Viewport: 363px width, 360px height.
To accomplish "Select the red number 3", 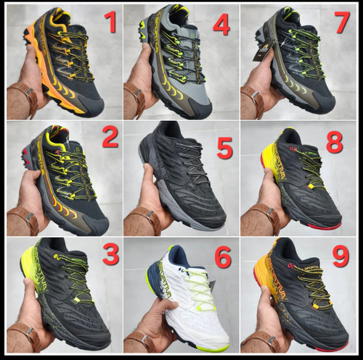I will point(110,254).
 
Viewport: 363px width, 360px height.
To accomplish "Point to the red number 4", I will point(221,25).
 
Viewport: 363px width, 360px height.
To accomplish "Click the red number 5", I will point(224,148).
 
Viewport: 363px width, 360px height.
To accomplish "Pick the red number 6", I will point(222,257).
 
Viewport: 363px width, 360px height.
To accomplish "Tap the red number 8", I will point(334,143).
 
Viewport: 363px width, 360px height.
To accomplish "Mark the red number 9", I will point(335,256).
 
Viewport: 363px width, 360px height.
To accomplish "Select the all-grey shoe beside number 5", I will point(181,174).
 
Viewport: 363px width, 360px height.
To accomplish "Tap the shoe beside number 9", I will point(301,297).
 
